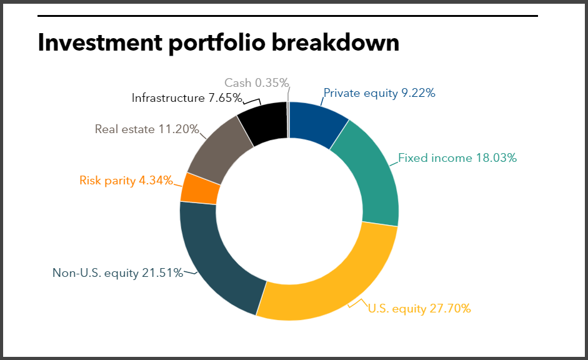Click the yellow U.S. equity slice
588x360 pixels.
(x=331, y=284)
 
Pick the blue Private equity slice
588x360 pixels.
(x=319, y=122)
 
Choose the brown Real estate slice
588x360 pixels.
(x=216, y=147)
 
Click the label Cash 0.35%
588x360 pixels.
(x=256, y=82)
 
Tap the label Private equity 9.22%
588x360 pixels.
(x=379, y=93)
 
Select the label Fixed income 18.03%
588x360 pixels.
(x=457, y=158)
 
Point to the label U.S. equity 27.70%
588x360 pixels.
(x=419, y=308)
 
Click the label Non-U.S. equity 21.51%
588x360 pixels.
(x=117, y=272)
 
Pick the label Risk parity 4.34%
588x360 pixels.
(x=126, y=181)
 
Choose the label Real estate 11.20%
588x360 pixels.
(x=147, y=129)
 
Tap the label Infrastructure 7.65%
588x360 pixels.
(x=186, y=98)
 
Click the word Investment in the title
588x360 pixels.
(x=98, y=42)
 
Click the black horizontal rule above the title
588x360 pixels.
(x=287, y=16)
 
